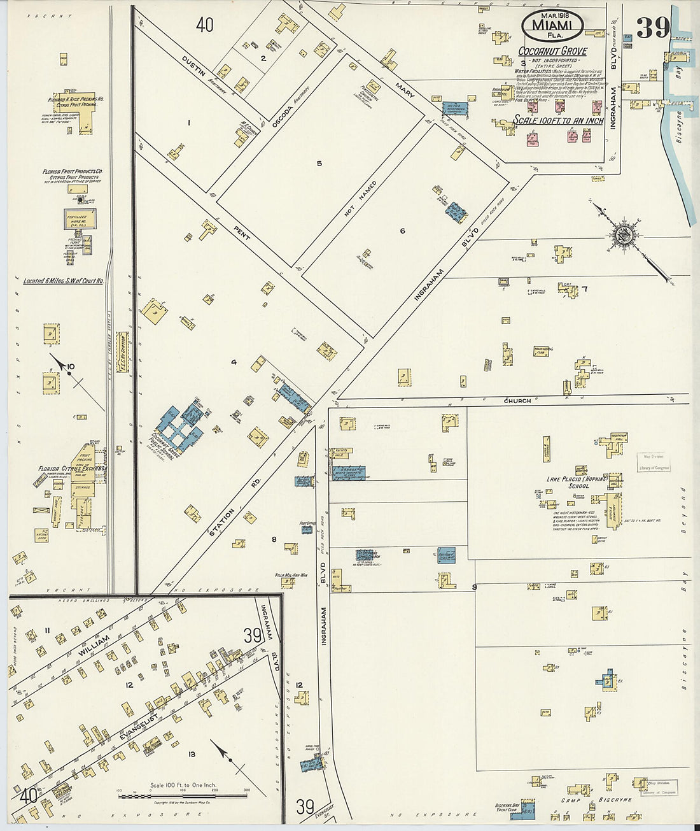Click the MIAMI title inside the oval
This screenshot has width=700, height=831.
(x=552, y=25)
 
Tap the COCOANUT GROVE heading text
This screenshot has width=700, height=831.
(x=552, y=51)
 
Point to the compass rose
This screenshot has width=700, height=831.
(x=624, y=234)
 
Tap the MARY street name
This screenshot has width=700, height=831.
(x=404, y=90)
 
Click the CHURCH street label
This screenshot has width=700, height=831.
(x=517, y=401)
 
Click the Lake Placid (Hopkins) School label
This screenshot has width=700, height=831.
(x=578, y=481)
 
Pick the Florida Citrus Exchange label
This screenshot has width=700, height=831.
(x=72, y=468)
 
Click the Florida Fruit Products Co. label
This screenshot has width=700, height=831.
(x=73, y=171)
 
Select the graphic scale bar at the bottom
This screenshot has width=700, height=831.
(x=183, y=795)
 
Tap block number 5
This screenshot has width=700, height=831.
(x=319, y=164)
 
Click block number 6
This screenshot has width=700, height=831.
(x=402, y=231)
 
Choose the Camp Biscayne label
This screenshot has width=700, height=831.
(x=597, y=800)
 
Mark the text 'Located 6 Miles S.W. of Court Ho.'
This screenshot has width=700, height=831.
(x=63, y=280)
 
